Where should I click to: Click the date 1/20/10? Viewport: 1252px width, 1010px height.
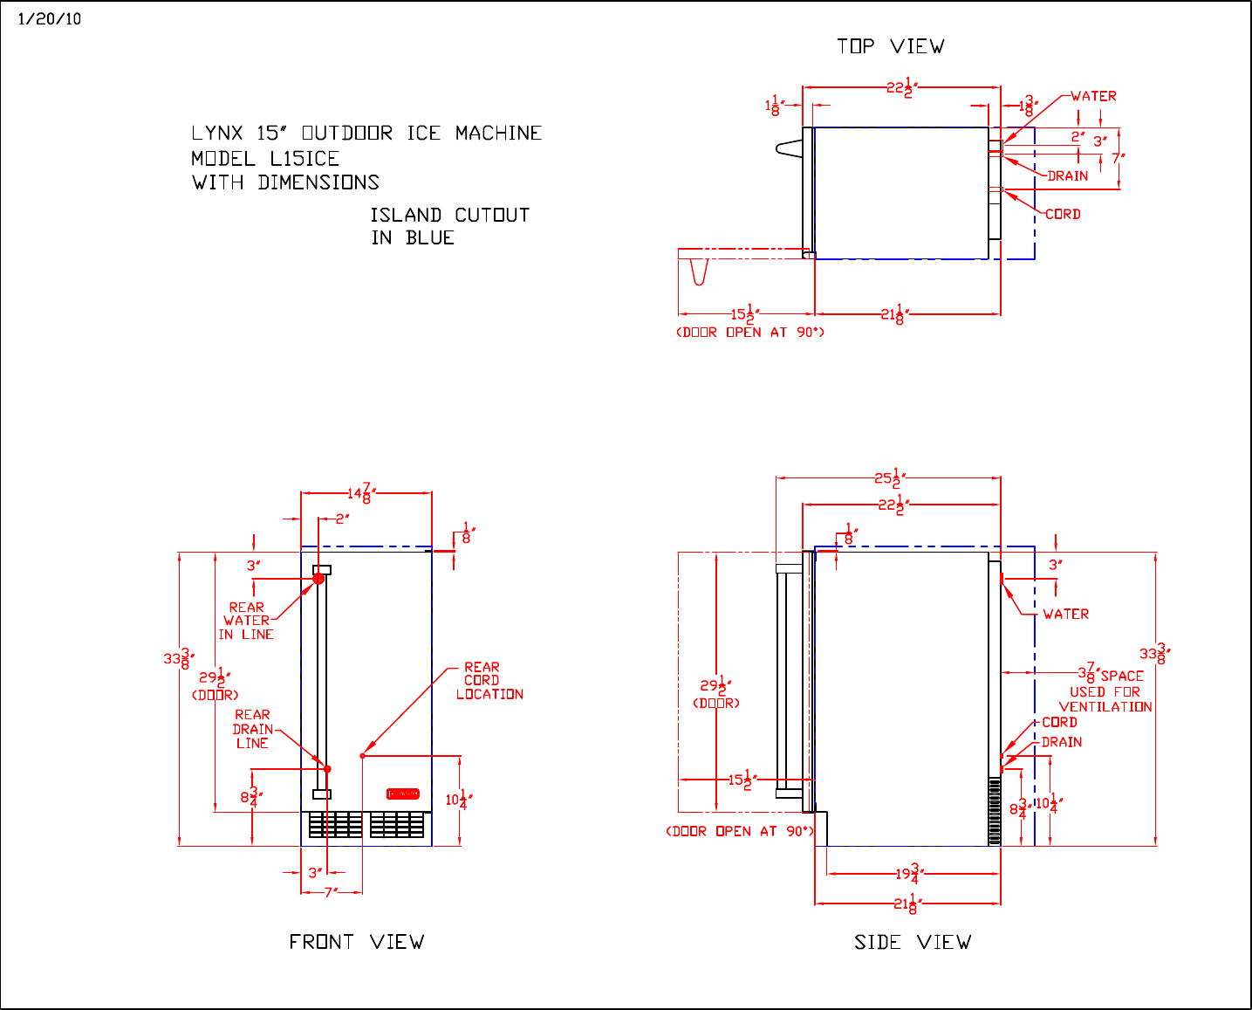click(x=50, y=19)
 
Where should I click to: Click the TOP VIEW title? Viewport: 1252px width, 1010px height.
click(x=890, y=46)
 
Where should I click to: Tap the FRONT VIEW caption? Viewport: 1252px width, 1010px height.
click(x=357, y=941)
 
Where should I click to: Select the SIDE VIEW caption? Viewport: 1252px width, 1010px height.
click(x=913, y=942)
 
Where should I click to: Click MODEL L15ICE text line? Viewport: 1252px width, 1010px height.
click(x=265, y=158)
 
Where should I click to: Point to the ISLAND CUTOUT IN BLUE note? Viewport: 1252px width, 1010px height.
click(x=449, y=226)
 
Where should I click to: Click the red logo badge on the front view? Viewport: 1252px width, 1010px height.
click(x=402, y=794)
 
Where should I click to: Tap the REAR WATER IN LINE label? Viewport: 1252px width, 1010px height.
click(x=245, y=621)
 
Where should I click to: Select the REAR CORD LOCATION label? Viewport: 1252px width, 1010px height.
click(x=489, y=681)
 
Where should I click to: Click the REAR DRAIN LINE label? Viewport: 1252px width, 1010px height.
click(x=252, y=729)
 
